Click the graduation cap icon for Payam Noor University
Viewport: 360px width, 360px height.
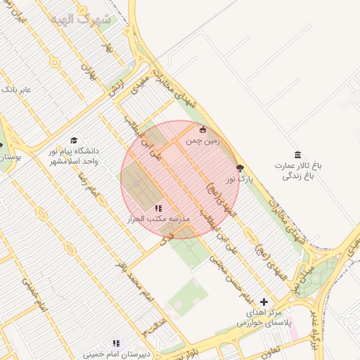tap(74, 141)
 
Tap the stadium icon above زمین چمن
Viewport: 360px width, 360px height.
tap(203, 129)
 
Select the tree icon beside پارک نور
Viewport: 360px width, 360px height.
tap(241, 169)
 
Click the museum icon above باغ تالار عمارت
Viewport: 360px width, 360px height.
tap(298, 155)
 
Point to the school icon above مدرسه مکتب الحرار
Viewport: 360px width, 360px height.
tap(158, 208)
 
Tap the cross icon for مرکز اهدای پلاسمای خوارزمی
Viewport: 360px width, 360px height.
tap(264, 302)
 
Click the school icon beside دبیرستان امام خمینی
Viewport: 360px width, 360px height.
tap(117, 344)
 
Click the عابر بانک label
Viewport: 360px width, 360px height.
tap(17, 90)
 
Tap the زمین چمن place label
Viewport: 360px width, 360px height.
tap(203, 141)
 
